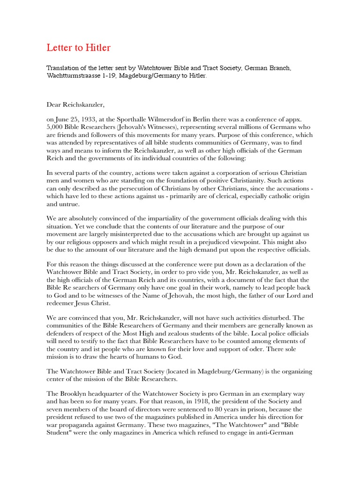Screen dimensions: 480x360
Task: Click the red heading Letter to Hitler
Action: click(x=78, y=48)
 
